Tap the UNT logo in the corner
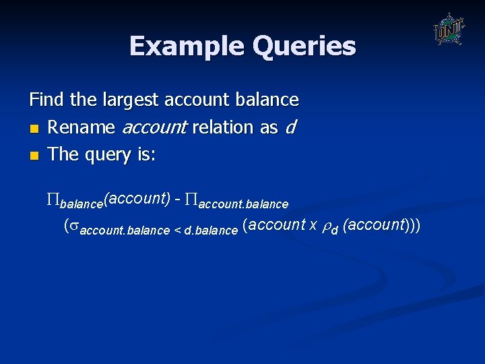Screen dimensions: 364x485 tap(449, 30)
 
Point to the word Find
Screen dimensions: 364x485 tap(46, 100)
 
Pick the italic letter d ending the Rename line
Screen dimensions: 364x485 tap(290, 127)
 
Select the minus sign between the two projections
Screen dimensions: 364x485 tap(177, 199)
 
